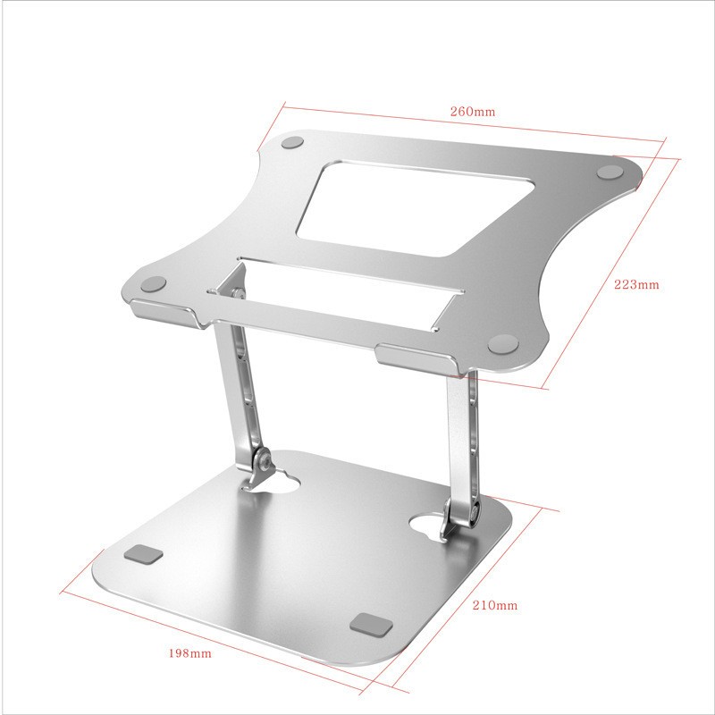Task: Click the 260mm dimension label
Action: tap(472, 112)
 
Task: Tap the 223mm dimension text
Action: tap(635, 285)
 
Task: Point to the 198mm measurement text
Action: tap(189, 652)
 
